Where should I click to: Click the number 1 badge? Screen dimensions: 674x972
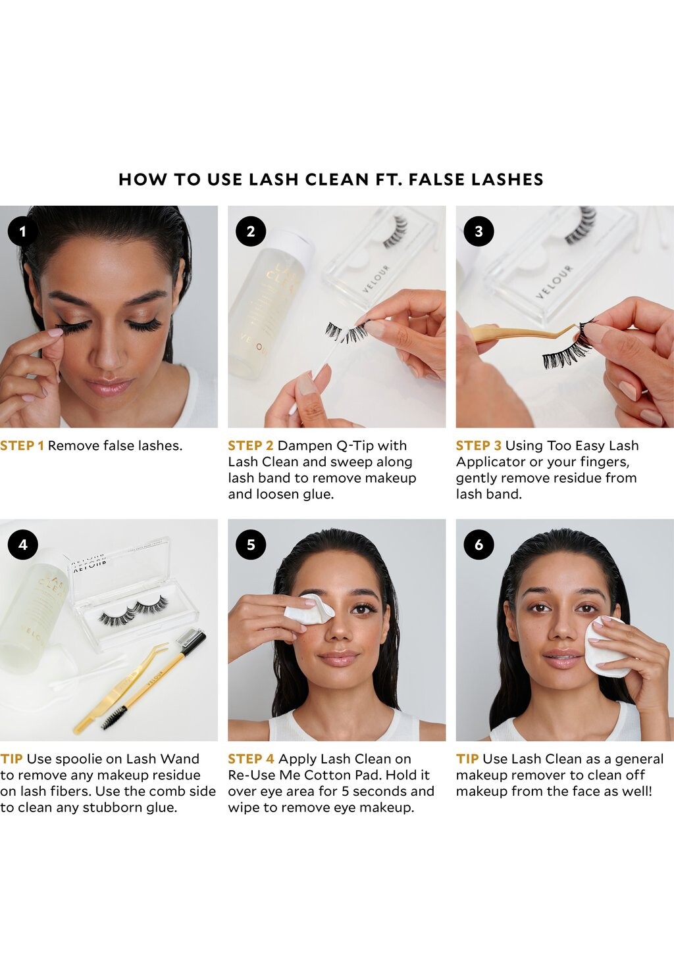[x=23, y=231]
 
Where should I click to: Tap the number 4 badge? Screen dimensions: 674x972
[x=23, y=545]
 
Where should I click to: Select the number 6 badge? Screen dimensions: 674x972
[x=479, y=545]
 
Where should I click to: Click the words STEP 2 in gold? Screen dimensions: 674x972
[x=251, y=446]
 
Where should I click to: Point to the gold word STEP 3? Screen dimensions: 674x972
[x=479, y=446]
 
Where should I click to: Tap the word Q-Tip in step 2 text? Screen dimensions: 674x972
[x=355, y=446]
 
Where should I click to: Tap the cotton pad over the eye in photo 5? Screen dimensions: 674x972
[x=309, y=609]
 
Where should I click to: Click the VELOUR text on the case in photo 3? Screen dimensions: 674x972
[x=555, y=281]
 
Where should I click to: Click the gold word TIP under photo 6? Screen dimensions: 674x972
[x=467, y=759]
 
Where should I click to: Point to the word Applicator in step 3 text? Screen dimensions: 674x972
[x=490, y=462]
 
